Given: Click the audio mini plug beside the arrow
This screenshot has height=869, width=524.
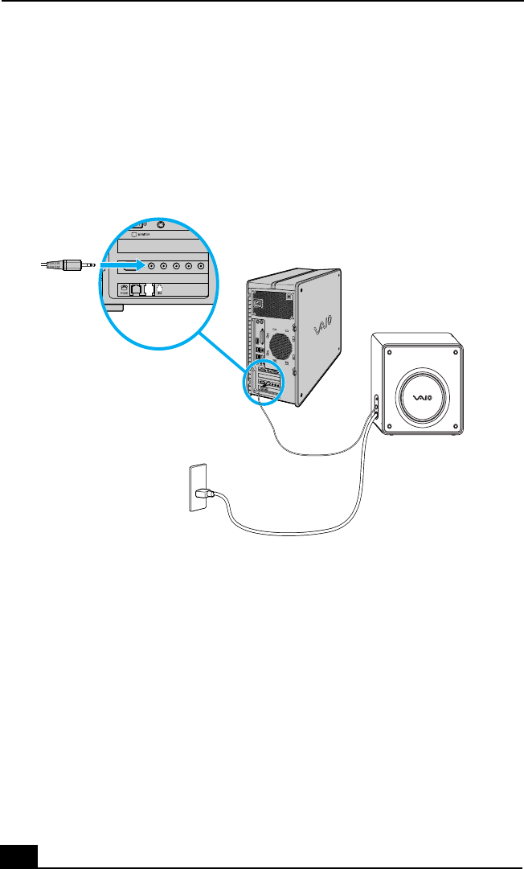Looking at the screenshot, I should pos(69,264).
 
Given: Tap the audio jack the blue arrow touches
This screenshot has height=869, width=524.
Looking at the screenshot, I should pos(149,264).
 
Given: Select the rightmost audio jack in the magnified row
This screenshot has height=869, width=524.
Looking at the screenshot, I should pos(202,264).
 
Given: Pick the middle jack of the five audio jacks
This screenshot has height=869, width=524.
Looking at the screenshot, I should pos(176,264).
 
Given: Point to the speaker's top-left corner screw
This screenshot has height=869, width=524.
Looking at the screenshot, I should pos(388,352).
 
